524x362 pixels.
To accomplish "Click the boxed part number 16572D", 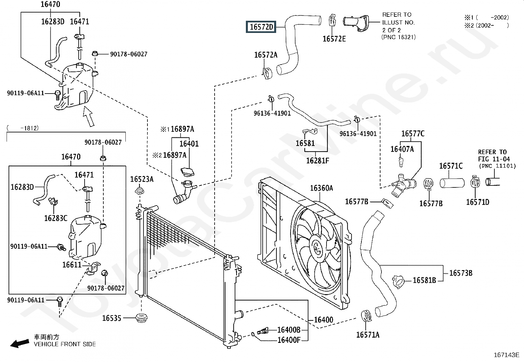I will coord(261,27).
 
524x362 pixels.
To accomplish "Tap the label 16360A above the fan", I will coord(321,188).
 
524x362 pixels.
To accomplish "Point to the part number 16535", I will coord(112,318).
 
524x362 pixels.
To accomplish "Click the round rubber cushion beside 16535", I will coord(142,318).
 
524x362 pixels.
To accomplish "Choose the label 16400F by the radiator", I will coord(289,340).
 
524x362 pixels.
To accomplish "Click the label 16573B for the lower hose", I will coord(461,273).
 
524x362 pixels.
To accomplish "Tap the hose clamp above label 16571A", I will coord(366,315).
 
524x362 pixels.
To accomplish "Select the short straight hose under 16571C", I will coord(452,183).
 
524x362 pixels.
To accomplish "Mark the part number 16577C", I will coord(413,134).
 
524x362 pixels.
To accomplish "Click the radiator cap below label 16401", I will coord(188,172).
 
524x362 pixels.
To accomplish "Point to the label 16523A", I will coord(142,179).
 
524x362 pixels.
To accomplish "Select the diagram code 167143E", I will coord(506,355).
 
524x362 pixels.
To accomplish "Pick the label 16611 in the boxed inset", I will coord(72,265).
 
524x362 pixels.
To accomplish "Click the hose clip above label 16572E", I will coord(332,20).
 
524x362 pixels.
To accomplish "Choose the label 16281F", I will coord(318,161).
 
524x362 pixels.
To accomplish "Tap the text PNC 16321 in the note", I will coord(399,37).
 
